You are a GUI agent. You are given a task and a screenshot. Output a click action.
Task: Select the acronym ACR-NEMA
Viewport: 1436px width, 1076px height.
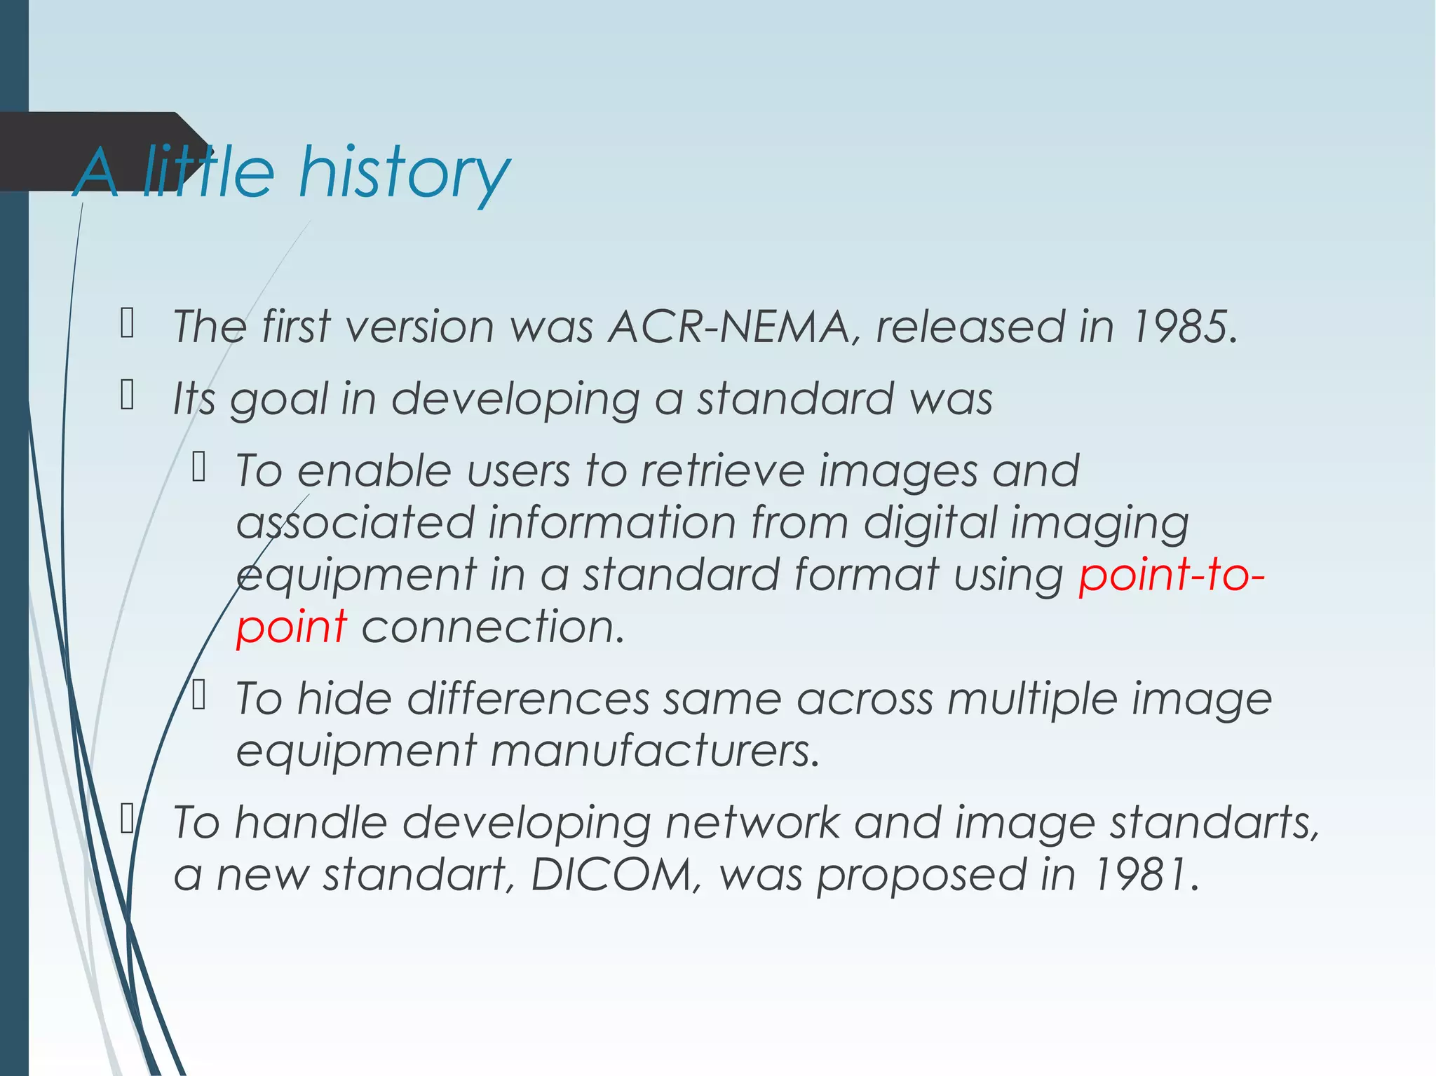pyautogui.click(x=729, y=327)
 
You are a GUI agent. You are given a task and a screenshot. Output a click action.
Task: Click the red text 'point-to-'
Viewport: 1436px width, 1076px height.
pyautogui.click(x=1171, y=574)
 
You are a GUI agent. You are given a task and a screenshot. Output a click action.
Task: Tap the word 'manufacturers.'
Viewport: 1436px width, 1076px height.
pyautogui.click(x=654, y=751)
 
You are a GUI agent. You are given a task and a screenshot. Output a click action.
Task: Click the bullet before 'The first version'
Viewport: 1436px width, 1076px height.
pyautogui.click(x=127, y=323)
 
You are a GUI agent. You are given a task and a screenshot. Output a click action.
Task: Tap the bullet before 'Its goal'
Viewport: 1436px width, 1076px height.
pyautogui.click(x=127, y=395)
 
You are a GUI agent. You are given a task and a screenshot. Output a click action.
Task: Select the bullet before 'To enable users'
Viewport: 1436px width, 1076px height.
pyautogui.click(x=198, y=467)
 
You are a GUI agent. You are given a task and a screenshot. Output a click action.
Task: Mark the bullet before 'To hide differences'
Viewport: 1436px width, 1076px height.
pyautogui.click(x=198, y=695)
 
